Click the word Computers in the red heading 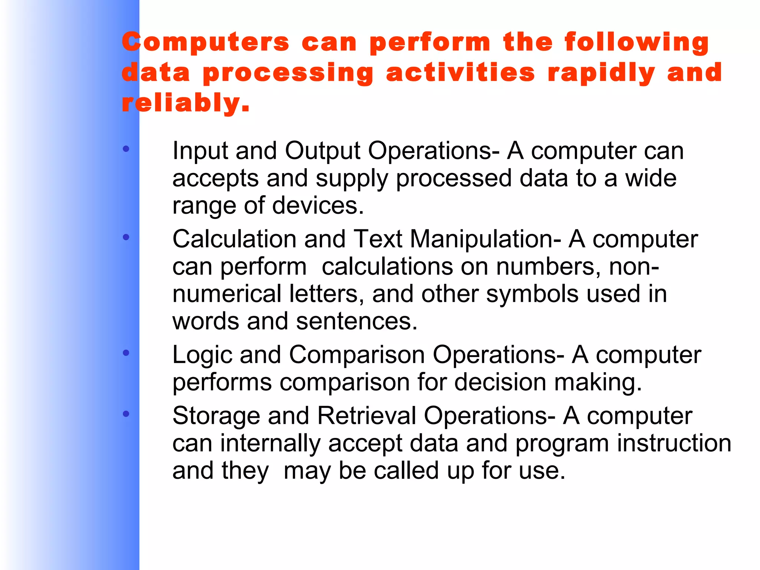[x=205, y=42]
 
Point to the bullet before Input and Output [x=126, y=149]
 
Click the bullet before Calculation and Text [x=126, y=237]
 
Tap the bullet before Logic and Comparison [x=126, y=353]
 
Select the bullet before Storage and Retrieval [x=126, y=413]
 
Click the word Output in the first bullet [x=322, y=151]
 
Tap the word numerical [x=227, y=294]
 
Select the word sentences [x=357, y=321]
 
